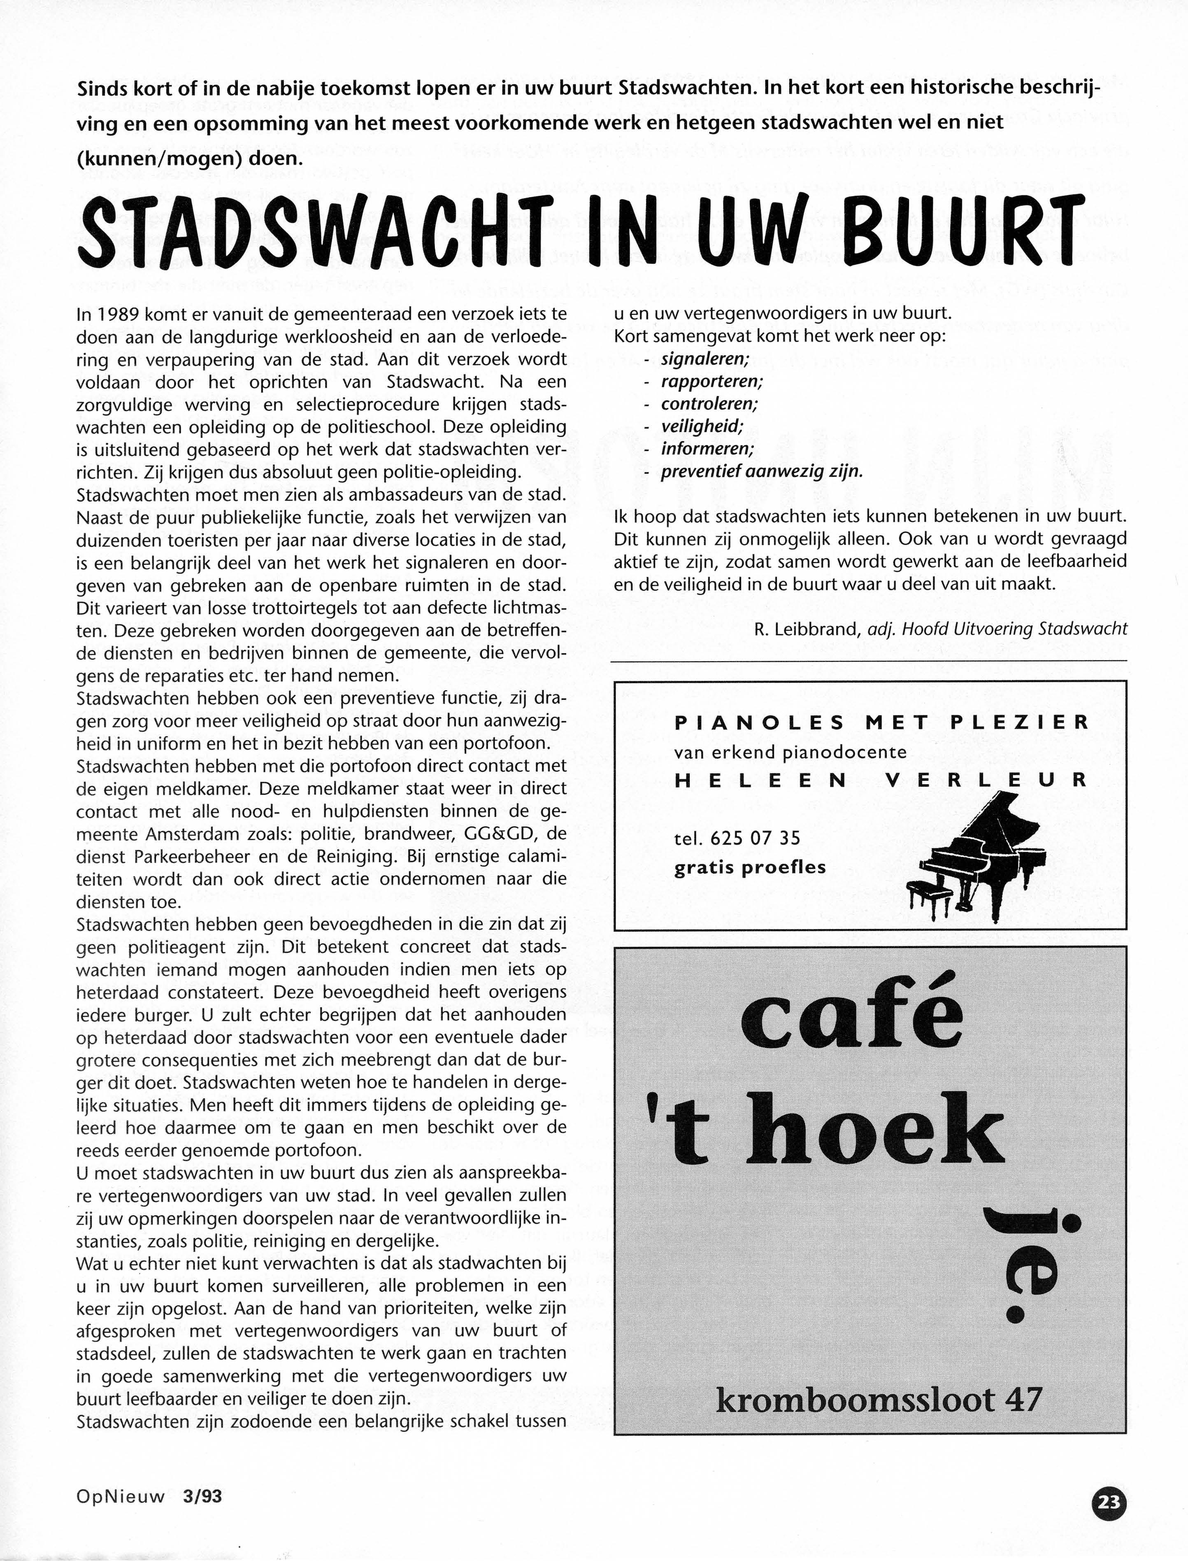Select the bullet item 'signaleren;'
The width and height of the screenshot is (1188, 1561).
pos(705,359)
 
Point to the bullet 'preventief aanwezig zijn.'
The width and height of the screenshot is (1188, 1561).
pos(762,472)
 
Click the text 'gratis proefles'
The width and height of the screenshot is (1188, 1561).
pos(750,868)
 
